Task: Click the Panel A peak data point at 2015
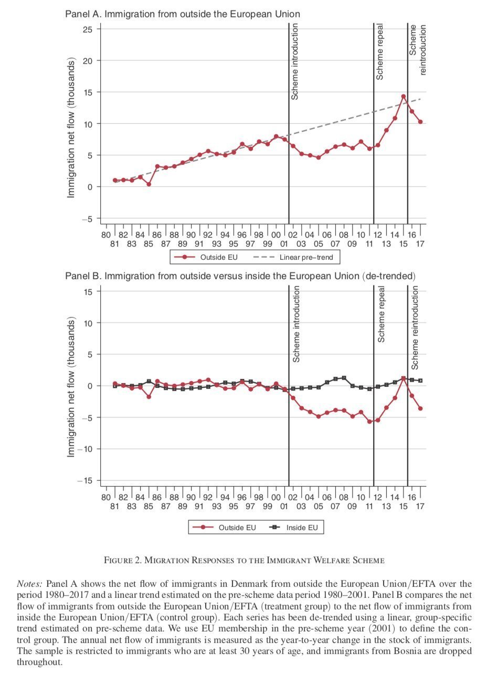404,97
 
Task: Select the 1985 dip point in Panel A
148,184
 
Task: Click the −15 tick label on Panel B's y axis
84,481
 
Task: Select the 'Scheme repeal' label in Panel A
379,51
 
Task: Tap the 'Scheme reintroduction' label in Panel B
415,328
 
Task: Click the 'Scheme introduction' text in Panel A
295,61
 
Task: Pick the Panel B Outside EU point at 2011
369,422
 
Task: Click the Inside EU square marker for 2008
344,378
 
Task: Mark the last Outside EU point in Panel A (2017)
420,122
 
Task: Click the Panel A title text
183,14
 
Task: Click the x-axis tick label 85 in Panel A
148,244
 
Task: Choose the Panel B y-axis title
70,388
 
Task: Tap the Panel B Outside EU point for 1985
148,396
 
